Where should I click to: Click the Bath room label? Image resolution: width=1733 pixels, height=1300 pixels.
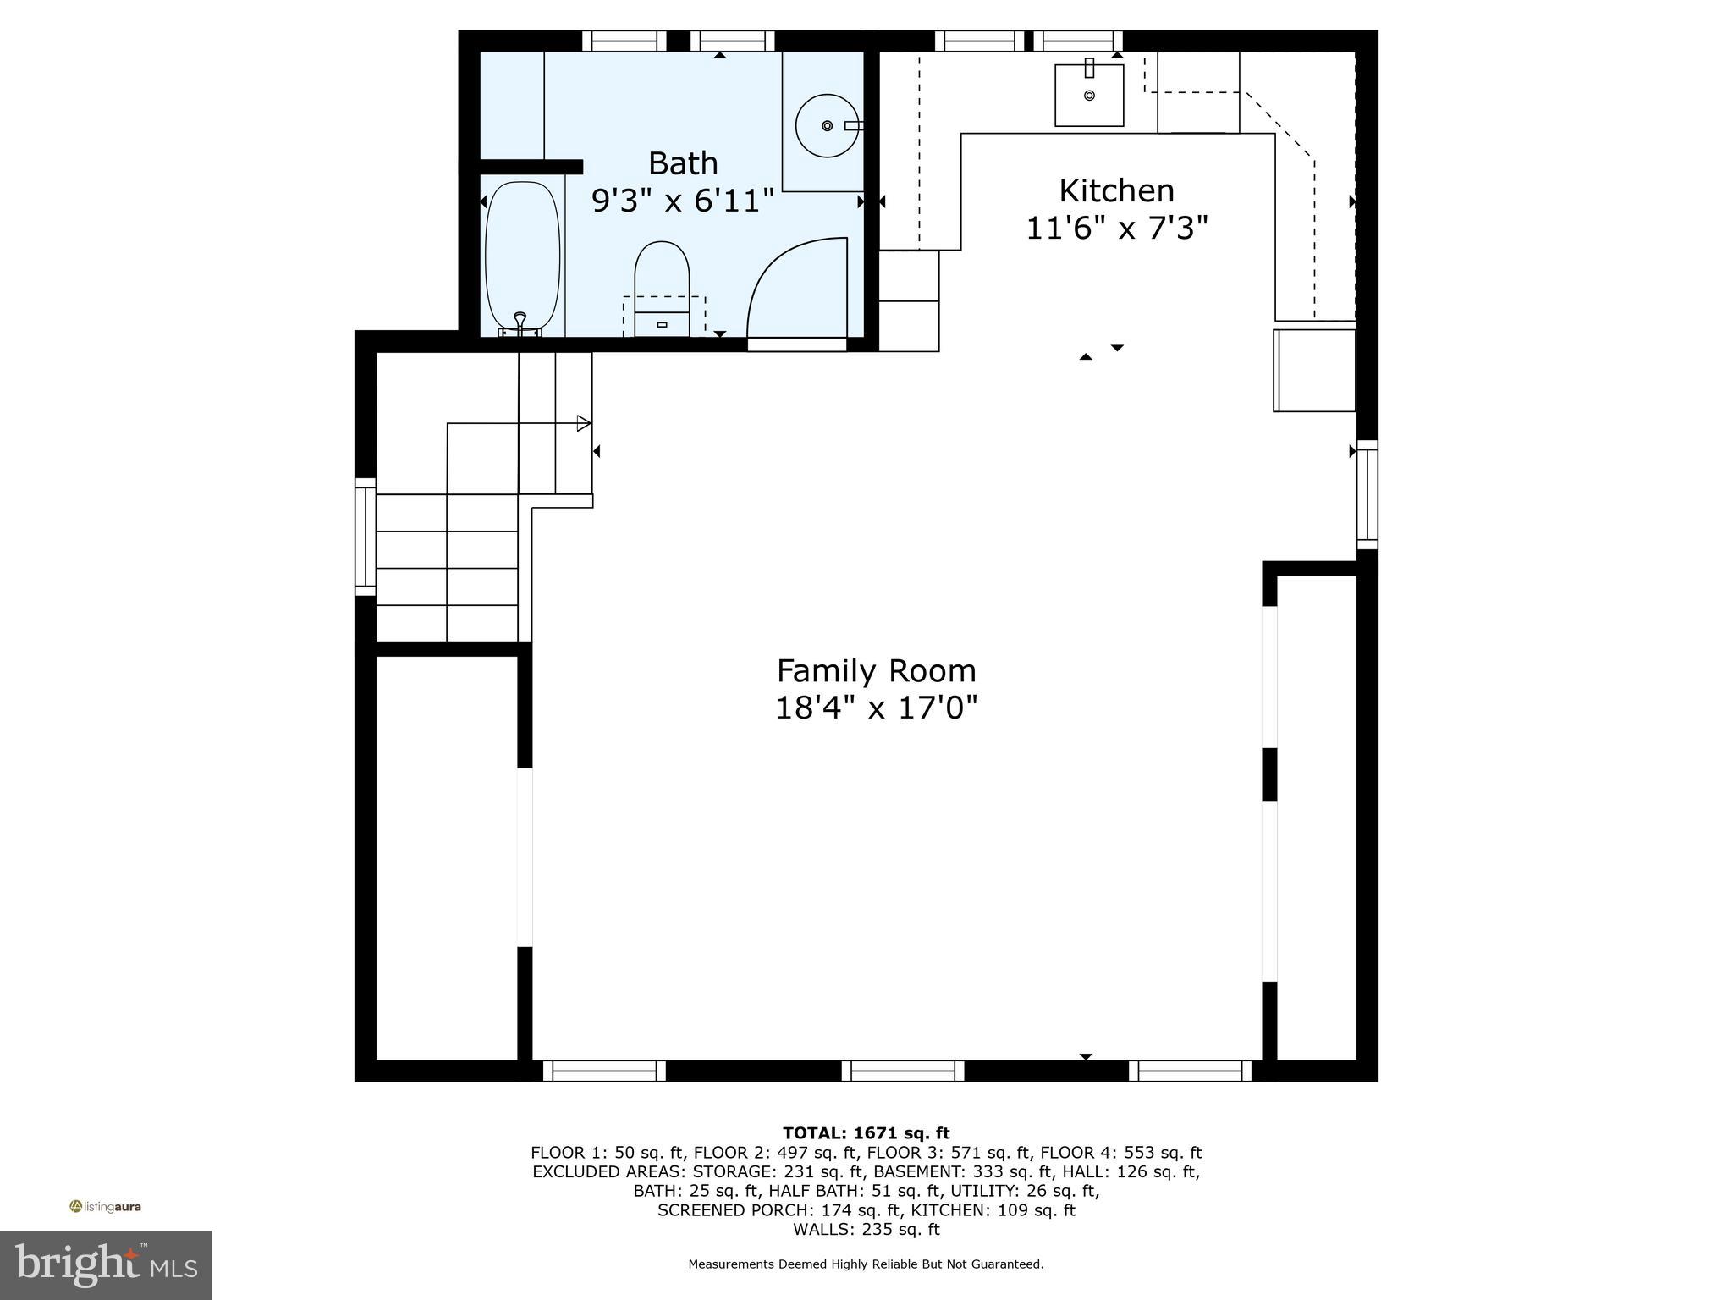tap(683, 162)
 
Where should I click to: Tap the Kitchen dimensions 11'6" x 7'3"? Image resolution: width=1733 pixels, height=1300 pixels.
tap(1116, 228)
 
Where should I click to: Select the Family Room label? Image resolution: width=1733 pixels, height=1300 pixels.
tap(876, 670)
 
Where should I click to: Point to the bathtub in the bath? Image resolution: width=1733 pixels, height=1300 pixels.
tap(522, 257)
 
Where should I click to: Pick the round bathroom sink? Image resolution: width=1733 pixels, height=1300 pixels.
tap(827, 125)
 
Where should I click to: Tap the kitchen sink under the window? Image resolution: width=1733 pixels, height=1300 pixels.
tap(1089, 95)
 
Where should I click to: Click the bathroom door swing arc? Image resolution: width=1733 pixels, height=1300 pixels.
tap(795, 288)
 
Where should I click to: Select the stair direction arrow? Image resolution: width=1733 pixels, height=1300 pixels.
tap(583, 423)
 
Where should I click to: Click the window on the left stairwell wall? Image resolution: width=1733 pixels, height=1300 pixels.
tap(365, 537)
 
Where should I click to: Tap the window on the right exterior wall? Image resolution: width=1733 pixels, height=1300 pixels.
tap(1367, 494)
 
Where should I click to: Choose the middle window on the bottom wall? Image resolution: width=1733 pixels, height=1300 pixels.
tap(902, 1071)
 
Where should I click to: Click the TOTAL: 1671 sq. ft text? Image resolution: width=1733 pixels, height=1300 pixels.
tap(866, 1133)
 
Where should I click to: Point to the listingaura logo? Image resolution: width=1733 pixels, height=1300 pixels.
tap(106, 1207)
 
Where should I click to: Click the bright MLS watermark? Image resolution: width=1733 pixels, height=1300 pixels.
tap(106, 1265)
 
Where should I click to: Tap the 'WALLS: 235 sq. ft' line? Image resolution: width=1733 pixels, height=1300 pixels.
tap(866, 1230)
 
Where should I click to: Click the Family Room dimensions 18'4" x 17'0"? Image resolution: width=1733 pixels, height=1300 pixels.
tap(876, 708)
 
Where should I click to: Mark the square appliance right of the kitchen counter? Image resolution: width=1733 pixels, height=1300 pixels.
tap(1314, 370)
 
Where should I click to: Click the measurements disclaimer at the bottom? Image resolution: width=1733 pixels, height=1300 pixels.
tap(866, 1264)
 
